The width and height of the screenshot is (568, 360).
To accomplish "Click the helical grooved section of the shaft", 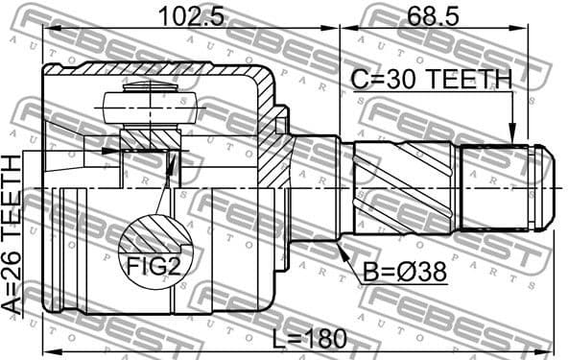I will point(403,187).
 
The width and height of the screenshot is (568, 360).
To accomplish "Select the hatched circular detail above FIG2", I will point(154,235).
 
